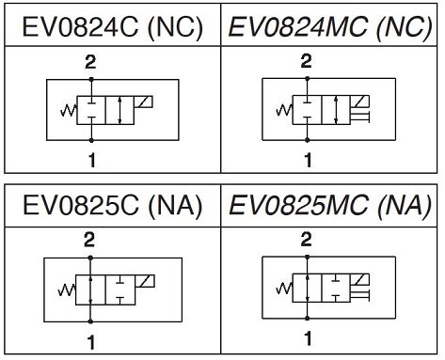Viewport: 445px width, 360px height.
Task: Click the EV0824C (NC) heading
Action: pyautogui.click(x=112, y=27)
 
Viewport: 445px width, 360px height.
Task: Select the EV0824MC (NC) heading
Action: pyautogui.click(x=330, y=27)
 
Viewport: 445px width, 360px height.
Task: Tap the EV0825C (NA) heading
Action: pyautogui.click(x=112, y=206)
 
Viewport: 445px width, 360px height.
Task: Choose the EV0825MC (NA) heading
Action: pyautogui.click(x=330, y=206)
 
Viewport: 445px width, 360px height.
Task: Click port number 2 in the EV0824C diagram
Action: pyautogui.click(x=90, y=62)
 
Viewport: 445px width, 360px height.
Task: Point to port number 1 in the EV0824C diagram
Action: pyautogui.click(x=91, y=161)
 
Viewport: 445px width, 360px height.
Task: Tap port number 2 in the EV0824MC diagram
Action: pyautogui.click(x=306, y=61)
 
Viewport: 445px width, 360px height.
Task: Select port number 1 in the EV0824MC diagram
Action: pyautogui.click(x=308, y=160)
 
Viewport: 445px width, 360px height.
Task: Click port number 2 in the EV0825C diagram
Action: pyautogui.click(x=89, y=240)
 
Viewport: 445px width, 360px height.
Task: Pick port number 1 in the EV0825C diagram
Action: pyautogui.click(x=91, y=342)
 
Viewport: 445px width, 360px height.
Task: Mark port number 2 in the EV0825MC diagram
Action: pyautogui.click(x=306, y=240)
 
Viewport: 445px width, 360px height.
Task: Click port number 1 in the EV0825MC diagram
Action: pyautogui.click(x=308, y=338)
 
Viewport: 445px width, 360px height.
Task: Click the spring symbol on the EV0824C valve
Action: pyautogui.click(x=69, y=111)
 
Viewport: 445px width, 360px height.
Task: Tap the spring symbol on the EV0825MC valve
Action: pyautogui.click(x=284, y=289)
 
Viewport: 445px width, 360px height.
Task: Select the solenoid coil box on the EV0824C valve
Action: pyautogui.click(x=144, y=102)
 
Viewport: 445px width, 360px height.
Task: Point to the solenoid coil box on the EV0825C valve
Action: pyautogui.click(x=145, y=281)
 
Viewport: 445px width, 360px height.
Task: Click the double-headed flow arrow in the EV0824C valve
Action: pyautogui.click(x=119, y=110)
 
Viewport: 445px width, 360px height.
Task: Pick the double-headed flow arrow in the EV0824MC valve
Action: pyautogui.click(x=336, y=110)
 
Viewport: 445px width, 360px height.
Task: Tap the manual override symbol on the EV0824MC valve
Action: pyautogui.click(x=360, y=117)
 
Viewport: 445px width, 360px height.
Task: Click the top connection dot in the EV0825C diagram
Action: pyautogui.click(x=90, y=258)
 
